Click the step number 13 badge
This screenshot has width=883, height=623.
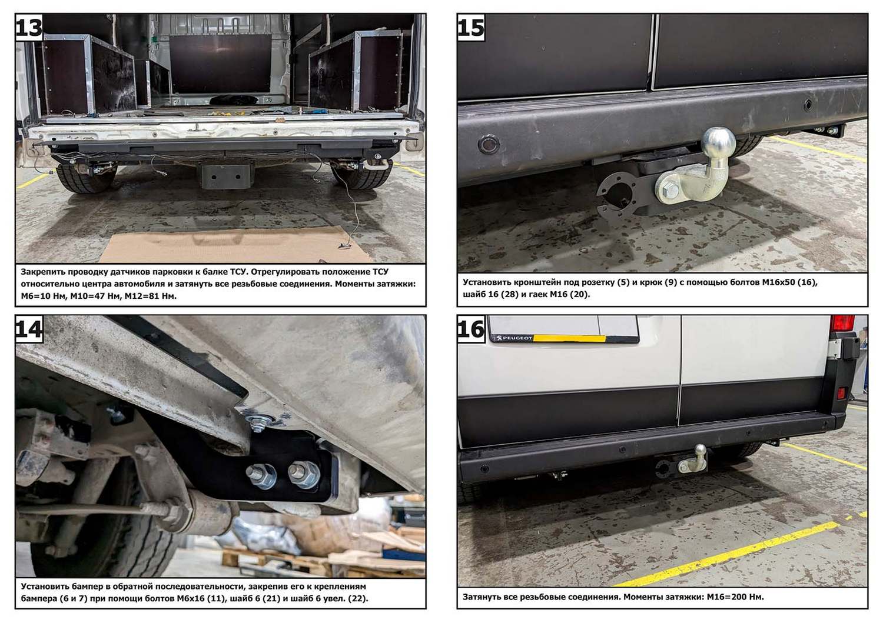[29, 28]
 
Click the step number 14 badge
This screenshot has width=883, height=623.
[29, 329]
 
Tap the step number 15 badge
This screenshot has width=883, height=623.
[472, 28]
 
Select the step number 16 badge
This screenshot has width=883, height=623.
[472, 329]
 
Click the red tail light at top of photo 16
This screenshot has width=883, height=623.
[842, 323]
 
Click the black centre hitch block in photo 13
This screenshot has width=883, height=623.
[225, 175]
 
